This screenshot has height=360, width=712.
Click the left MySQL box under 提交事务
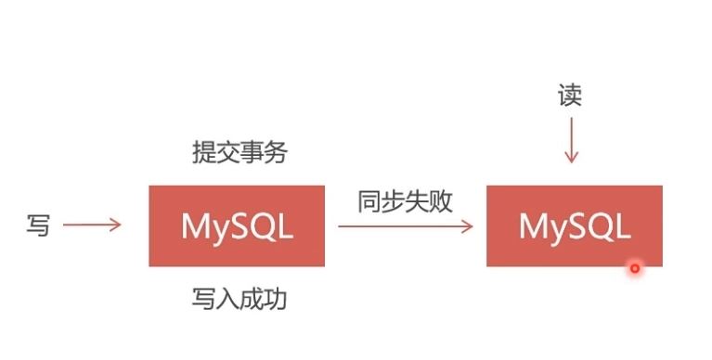237,225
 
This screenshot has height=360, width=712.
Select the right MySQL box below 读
574,225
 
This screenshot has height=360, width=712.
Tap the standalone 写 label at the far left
38,225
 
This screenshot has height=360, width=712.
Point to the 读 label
570,96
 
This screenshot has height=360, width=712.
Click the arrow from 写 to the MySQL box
91,225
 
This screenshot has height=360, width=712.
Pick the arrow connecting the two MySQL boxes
405,225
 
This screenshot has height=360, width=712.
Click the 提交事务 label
239,152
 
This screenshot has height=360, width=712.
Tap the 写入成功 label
239,299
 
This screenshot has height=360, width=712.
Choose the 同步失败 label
405,201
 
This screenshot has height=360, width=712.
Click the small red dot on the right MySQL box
635,268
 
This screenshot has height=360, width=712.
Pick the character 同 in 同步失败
369,201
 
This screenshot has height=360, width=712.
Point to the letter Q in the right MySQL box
596,226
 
